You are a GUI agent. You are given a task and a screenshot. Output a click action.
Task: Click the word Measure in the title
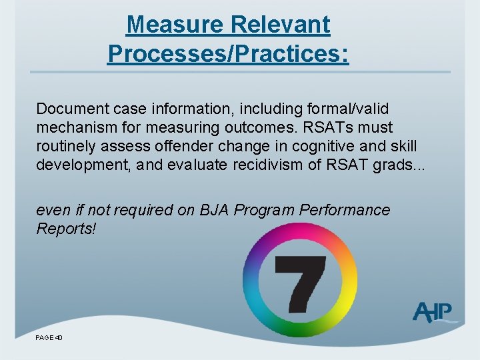tap(175, 25)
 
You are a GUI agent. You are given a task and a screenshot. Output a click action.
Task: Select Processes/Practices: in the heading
tap(227, 54)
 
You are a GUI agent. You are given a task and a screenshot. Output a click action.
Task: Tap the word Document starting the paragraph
tap(68, 109)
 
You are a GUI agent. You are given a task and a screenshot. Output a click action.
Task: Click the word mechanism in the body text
tap(70, 127)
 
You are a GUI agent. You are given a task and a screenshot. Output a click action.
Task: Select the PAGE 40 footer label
tap(49, 338)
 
